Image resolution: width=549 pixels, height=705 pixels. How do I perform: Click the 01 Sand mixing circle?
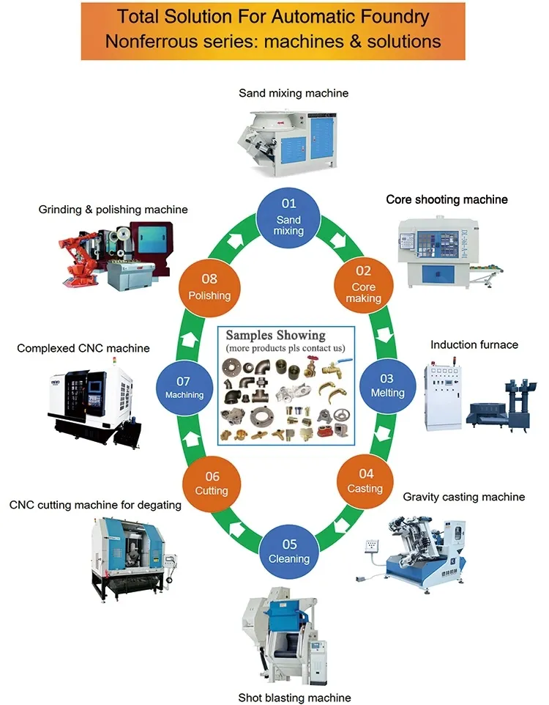coord(288,213)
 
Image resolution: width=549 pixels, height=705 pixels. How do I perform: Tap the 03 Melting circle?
coord(387,385)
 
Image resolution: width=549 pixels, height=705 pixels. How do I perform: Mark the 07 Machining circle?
coord(184,386)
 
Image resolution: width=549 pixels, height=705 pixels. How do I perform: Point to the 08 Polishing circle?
coord(209,287)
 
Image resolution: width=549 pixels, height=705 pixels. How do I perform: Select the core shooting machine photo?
coord(446,249)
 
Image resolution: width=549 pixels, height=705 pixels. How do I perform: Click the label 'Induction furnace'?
coord(474,344)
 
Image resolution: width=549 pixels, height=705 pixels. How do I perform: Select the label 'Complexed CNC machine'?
coord(83,348)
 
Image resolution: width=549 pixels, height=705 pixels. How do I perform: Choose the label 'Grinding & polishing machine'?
coord(113,210)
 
